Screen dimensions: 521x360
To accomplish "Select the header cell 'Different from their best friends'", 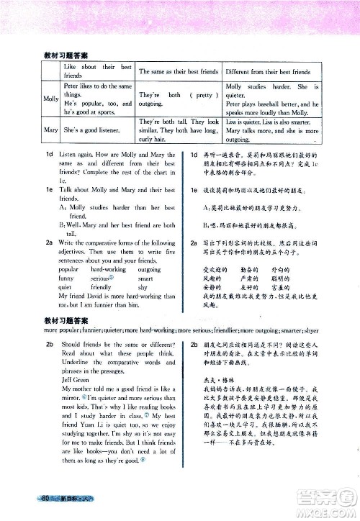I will tap(268, 72).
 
